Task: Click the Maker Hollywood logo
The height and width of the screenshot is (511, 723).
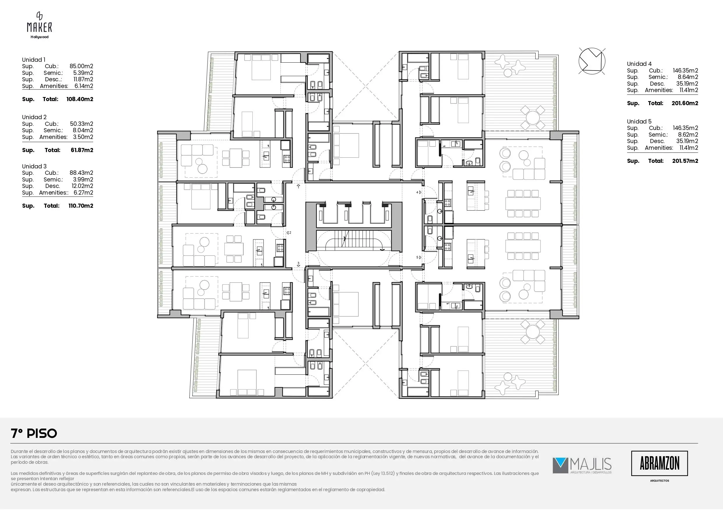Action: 39,25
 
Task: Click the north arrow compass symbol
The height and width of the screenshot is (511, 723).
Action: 592,61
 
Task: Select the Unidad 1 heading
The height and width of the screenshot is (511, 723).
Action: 34,59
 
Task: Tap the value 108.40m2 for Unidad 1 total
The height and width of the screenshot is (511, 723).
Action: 80,99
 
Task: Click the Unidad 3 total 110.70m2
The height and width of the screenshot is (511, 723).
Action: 81,206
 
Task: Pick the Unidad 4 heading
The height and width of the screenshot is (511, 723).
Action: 639,64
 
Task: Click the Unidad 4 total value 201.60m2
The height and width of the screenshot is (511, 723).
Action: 685,103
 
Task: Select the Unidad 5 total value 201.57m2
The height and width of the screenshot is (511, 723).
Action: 685,161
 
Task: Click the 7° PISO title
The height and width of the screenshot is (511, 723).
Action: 34,434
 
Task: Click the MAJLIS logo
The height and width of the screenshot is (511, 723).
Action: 582,466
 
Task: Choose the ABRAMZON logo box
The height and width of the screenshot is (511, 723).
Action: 659,463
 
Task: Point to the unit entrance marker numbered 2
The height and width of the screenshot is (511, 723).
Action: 289,233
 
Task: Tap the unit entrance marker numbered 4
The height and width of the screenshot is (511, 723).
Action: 418,192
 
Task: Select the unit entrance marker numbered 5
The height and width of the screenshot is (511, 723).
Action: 418,257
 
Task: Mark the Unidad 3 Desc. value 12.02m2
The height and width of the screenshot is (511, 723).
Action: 82,186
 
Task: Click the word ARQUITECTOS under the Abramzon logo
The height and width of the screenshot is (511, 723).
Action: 659,481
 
